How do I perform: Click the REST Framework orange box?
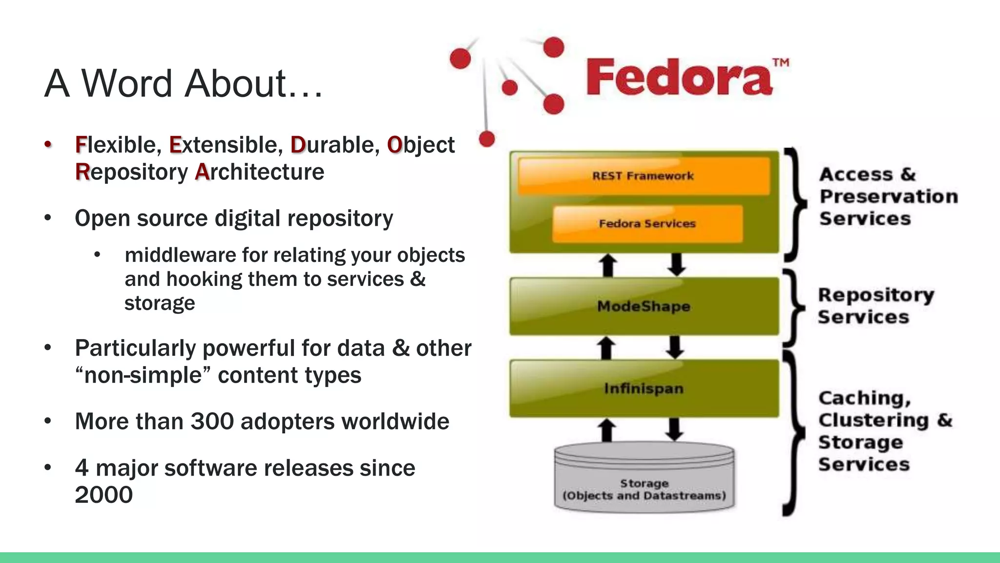click(x=644, y=176)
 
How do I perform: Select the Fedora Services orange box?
click(x=647, y=224)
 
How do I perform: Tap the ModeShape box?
click(x=644, y=306)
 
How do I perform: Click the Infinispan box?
click(x=644, y=389)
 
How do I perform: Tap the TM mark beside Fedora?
click(x=781, y=63)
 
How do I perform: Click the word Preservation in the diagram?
click(x=889, y=196)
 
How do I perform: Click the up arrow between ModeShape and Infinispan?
click(x=607, y=348)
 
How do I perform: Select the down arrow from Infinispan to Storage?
click(x=675, y=430)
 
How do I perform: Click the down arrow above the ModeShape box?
click(x=676, y=264)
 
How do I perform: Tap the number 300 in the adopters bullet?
click(x=212, y=421)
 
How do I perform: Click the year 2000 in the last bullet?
click(x=104, y=495)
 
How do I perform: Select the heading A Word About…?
click(x=183, y=83)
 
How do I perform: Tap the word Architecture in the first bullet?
click(x=259, y=172)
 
